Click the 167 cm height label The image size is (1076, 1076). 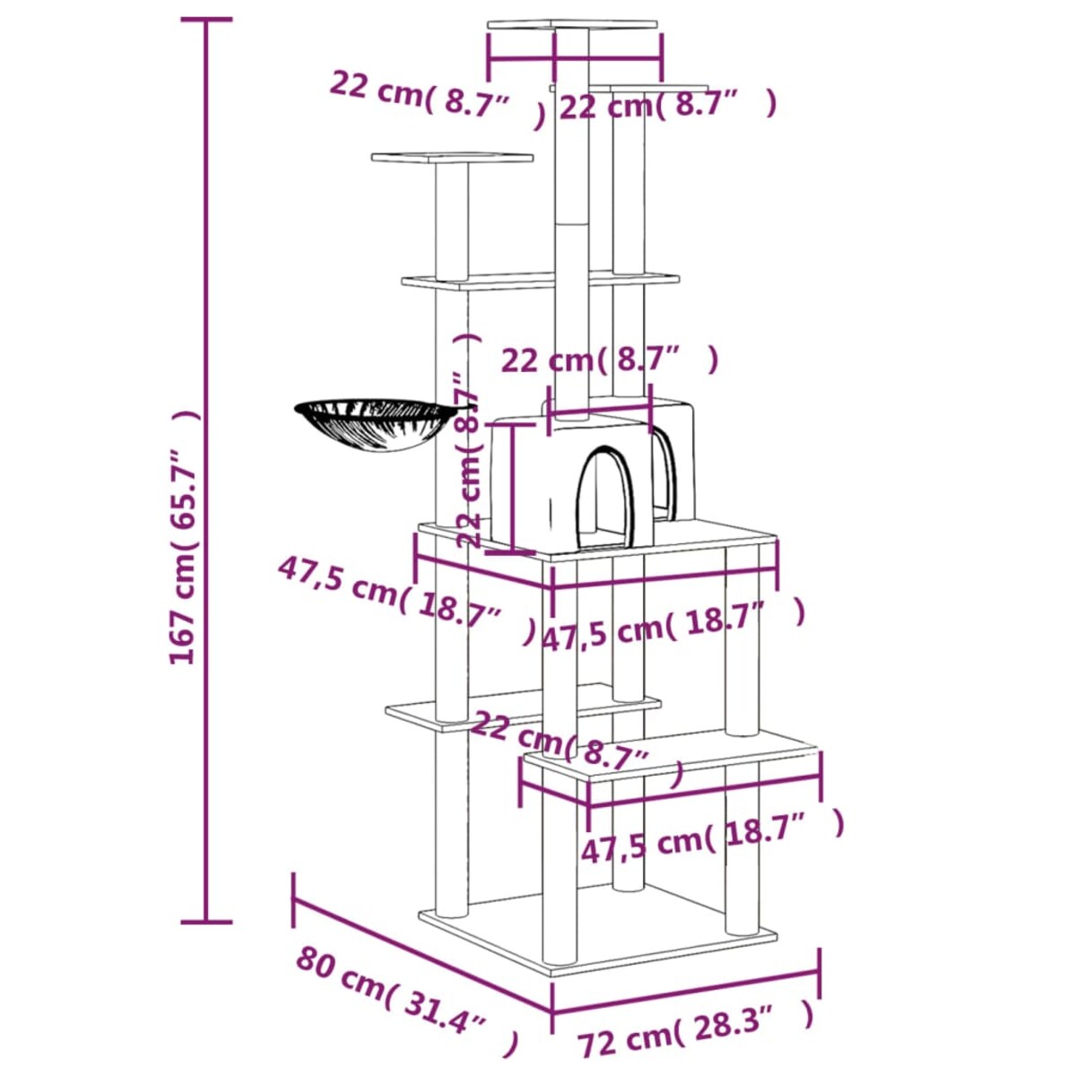(184, 538)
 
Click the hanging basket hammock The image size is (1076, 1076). (374, 426)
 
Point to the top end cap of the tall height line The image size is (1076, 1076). (207, 20)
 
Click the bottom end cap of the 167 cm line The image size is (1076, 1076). (207, 921)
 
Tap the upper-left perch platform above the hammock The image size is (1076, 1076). (452, 159)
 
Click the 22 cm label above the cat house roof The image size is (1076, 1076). (610, 360)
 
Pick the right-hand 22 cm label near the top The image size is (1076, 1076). (668, 106)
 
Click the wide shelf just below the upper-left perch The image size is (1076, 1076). (538, 281)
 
